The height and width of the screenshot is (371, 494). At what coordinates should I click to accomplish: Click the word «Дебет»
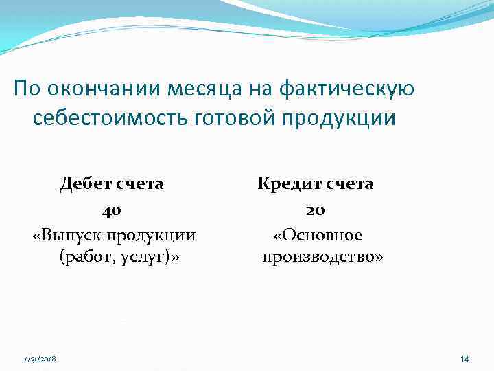pos(87,183)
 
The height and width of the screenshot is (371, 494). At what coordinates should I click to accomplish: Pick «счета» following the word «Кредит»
pos(350,183)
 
